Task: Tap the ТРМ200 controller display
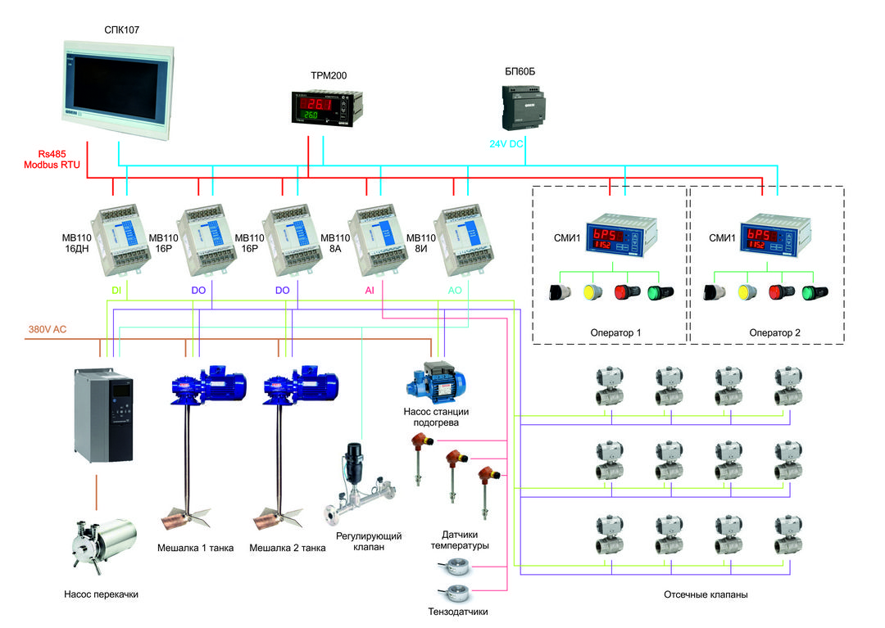pos(324,108)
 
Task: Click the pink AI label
pos(369,290)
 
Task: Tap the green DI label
pos(116,290)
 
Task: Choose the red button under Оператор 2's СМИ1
pos(779,292)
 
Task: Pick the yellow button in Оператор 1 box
pos(592,292)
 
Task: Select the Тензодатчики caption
pos(458,610)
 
